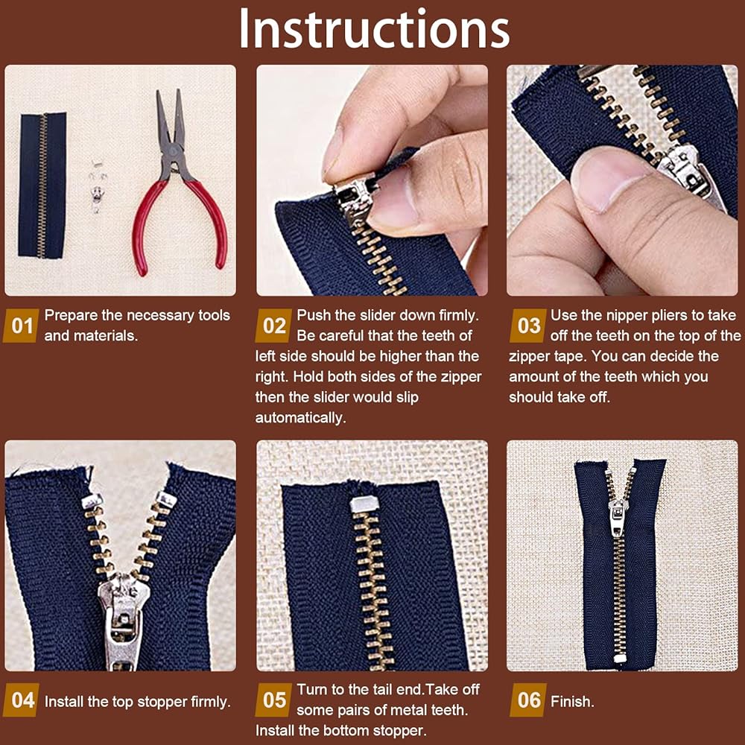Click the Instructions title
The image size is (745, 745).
tap(374, 29)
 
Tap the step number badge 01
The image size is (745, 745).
tap(21, 326)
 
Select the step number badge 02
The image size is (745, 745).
tap(273, 326)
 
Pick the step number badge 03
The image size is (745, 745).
tap(528, 326)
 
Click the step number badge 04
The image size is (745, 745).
tap(22, 700)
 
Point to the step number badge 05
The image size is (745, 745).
tap(273, 700)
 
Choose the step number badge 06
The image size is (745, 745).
tap(528, 700)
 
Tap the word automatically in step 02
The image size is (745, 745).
tap(300, 418)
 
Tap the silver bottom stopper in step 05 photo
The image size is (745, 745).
tap(364, 504)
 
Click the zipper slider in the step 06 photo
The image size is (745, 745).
tap(617, 516)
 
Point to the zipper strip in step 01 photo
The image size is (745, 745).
tap(42, 186)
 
